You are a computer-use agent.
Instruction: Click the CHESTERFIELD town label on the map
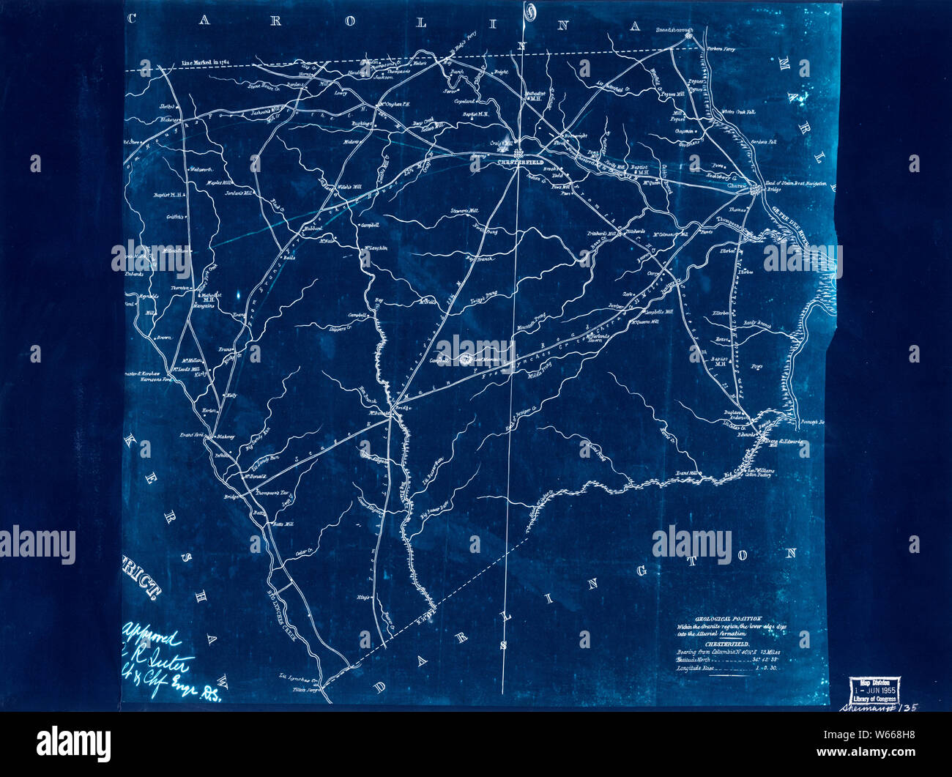[518, 163]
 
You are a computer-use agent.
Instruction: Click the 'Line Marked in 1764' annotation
[205, 64]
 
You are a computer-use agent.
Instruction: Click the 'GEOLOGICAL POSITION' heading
[718, 618]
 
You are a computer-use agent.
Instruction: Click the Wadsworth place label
[200, 170]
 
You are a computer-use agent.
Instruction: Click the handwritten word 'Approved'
[152, 629]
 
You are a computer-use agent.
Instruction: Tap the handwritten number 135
[906, 707]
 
